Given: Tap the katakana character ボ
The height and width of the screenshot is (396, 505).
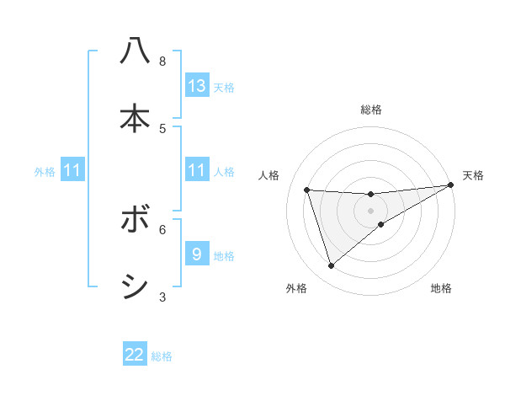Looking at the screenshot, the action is click(135, 221).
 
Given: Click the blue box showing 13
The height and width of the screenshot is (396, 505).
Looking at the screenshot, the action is click(197, 86).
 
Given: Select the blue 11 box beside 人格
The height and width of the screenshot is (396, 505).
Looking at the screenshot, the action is click(197, 171).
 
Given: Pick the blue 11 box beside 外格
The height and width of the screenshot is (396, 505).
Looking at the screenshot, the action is click(72, 171).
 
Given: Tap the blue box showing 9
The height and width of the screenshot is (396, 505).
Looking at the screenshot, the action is click(197, 254).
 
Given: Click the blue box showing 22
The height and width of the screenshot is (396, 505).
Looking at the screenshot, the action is click(135, 355).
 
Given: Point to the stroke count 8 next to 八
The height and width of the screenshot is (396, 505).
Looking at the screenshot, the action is click(162, 62).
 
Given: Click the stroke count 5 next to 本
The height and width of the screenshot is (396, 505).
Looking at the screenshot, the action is click(162, 128).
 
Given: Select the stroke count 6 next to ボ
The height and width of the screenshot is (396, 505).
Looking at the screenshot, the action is click(162, 228).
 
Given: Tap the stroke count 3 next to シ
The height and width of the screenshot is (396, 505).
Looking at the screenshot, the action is click(162, 297).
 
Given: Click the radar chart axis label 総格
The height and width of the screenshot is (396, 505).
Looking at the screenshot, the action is click(371, 110).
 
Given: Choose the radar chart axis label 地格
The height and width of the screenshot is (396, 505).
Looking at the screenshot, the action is click(441, 288).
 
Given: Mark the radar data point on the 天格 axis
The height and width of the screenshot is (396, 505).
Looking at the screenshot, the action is click(450, 185).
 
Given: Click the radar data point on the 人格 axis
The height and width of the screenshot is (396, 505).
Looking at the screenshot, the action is click(307, 190).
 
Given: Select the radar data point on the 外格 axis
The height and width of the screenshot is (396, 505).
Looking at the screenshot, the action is click(331, 266).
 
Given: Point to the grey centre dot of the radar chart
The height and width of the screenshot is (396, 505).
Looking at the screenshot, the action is click(371, 211).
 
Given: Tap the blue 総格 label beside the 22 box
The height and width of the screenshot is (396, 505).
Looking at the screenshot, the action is click(162, 356).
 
